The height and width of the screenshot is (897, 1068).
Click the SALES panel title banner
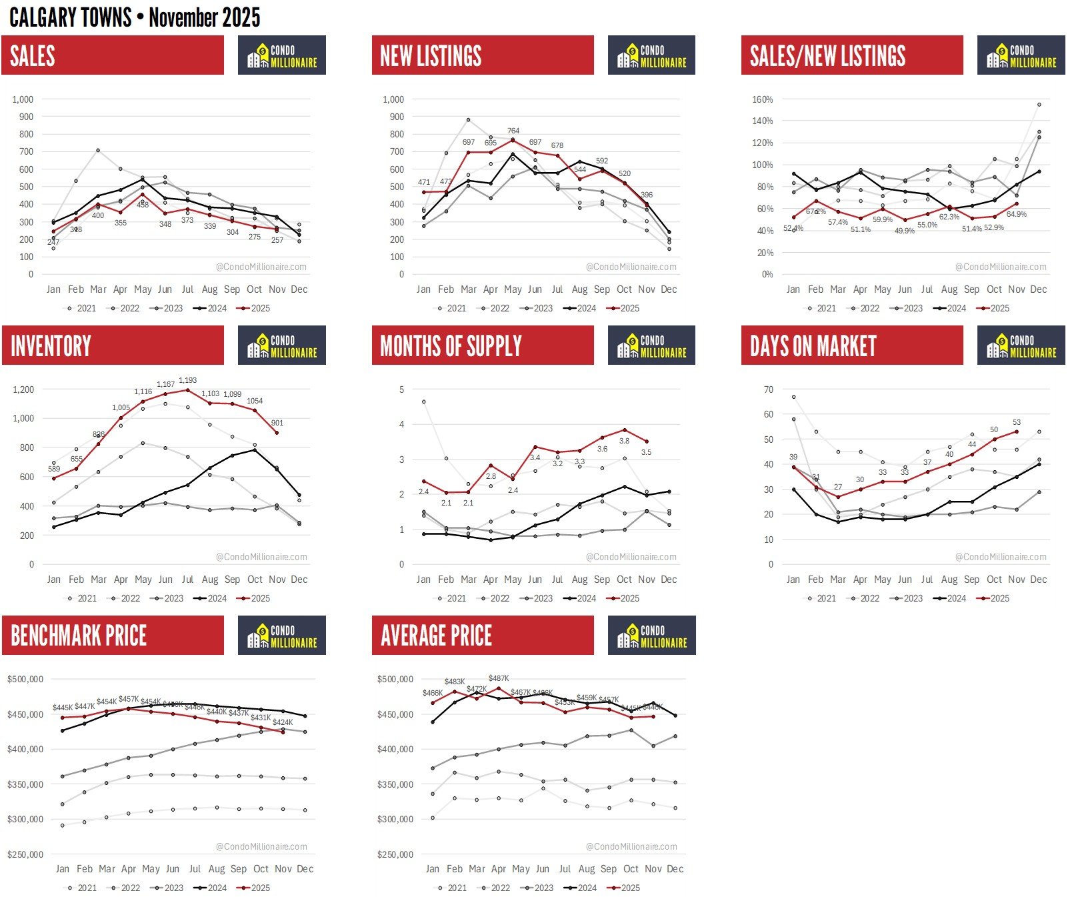[x=112, y=55]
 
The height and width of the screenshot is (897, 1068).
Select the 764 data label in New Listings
[x=513, y=131]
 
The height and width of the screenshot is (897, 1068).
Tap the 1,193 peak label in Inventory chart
[x=187, y=380]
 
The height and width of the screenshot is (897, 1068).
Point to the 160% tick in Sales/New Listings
[x=762, y=99]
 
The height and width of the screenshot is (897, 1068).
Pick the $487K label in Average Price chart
[x=498, y=678]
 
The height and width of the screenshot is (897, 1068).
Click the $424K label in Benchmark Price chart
[x=282, y=722]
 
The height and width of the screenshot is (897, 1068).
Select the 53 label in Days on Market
[x=1016, y=422]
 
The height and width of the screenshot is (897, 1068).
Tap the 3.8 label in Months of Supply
[x=624, y=441]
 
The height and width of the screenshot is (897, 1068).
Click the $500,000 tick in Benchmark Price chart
[x=25, y=679]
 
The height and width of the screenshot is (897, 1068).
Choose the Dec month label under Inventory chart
[x=299, y=579]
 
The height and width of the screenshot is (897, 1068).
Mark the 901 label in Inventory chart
[x=277, y=423]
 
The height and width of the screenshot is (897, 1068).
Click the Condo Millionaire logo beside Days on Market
[x=1021, y=345]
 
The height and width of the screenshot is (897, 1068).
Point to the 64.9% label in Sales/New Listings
[x=1016, y=214]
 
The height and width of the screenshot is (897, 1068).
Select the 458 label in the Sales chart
[x=143, y=205]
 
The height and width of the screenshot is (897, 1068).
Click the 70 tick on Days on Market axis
[x=769, y=389]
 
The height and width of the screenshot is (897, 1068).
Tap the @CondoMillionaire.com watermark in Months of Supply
[x=631, y=557]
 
